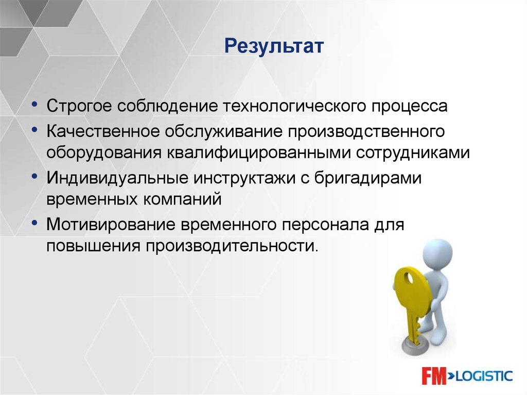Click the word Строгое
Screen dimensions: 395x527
[x=79, y=107]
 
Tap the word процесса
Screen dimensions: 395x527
[x=409, y=107]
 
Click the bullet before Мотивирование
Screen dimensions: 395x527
[x=34, y=222]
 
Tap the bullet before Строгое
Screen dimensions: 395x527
[x=34, y=105]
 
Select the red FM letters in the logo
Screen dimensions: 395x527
[x=434, y=375]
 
